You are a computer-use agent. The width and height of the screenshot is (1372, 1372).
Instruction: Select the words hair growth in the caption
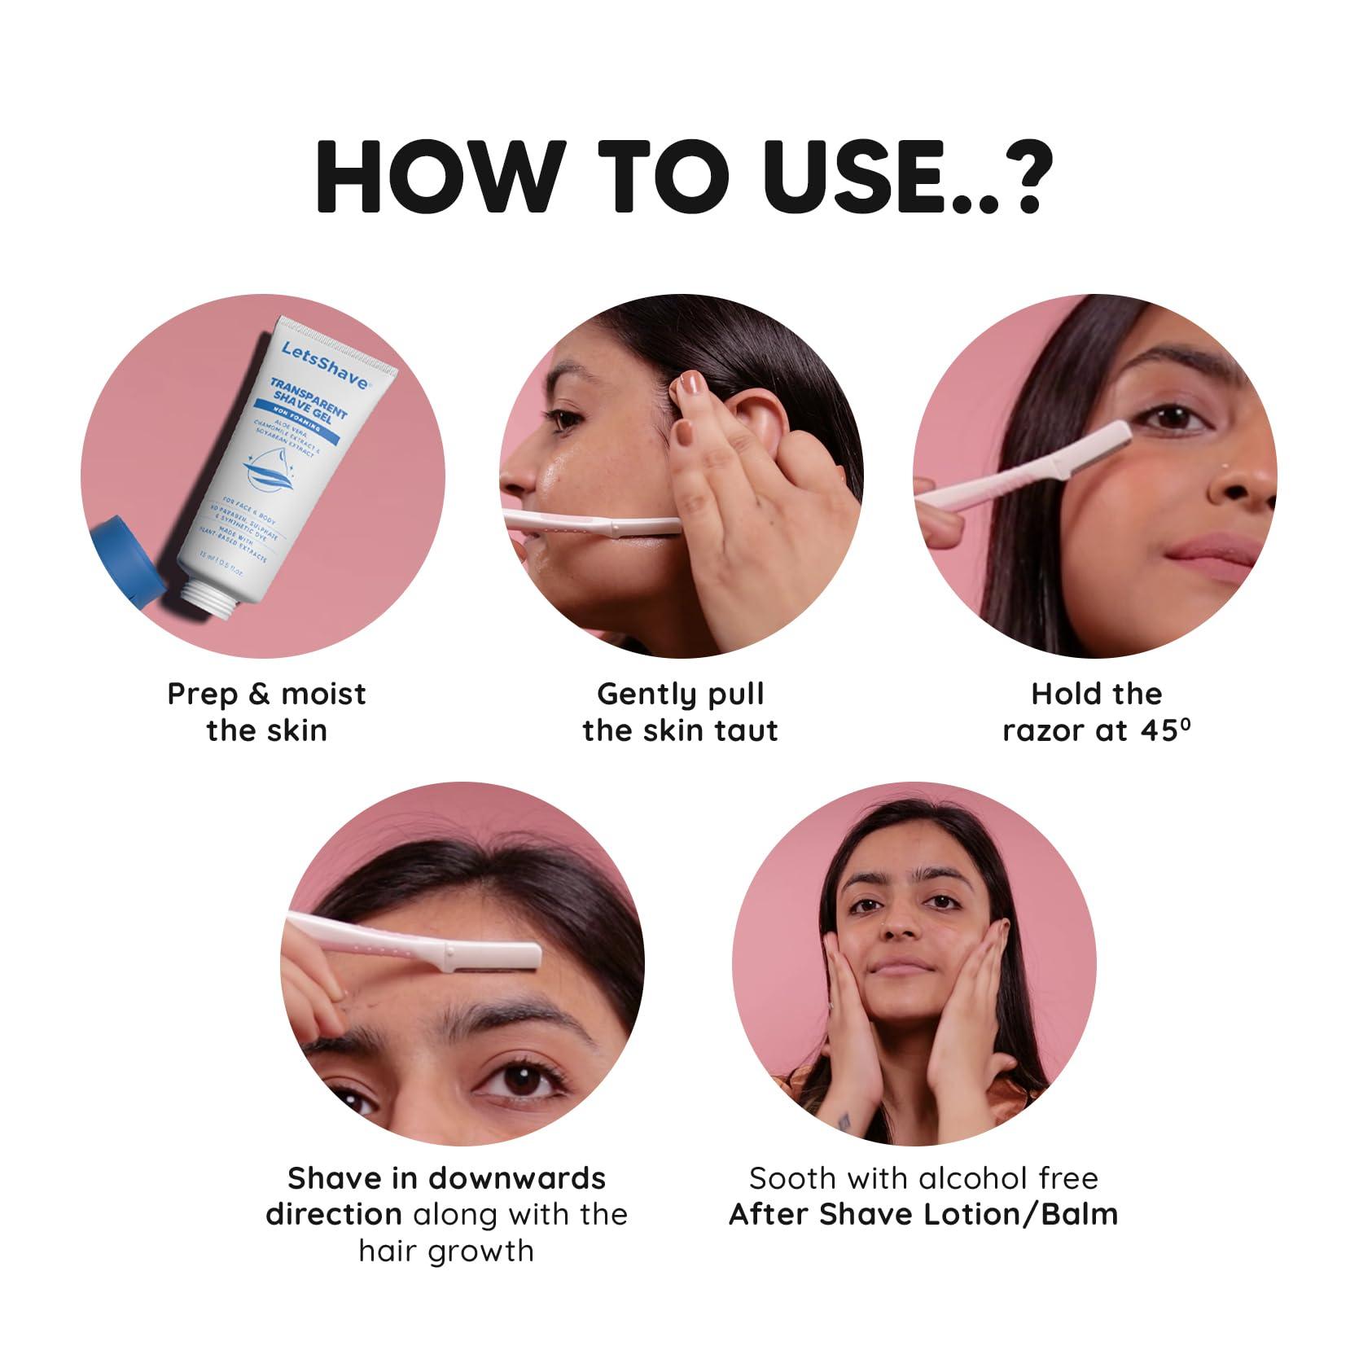(446, 1251)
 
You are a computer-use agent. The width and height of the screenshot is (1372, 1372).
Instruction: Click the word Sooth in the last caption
(792, 1178)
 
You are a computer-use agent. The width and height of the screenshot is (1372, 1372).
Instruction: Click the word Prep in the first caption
(204, 695)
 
